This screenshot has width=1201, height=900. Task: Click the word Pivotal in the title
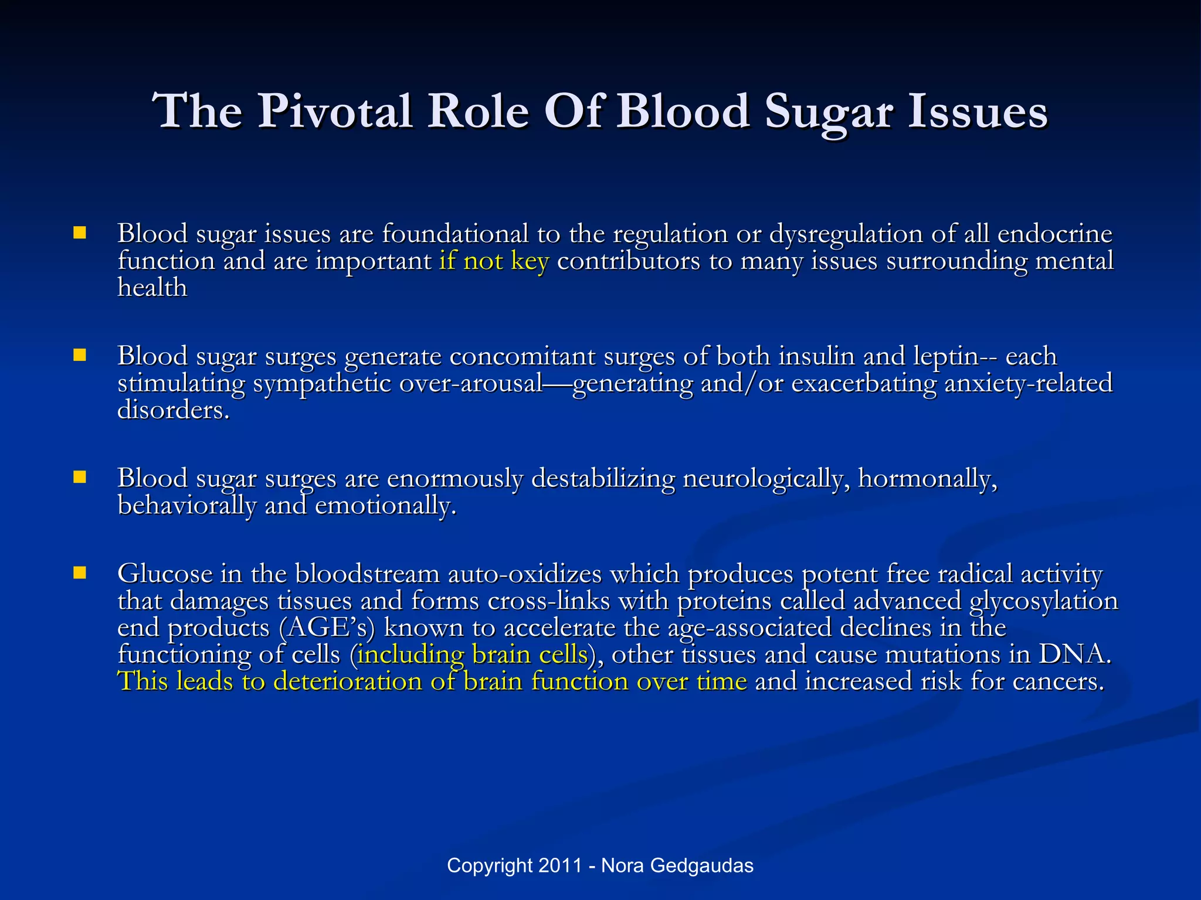[x=334, y=111]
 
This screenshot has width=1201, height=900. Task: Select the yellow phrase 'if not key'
[x=494, y=261]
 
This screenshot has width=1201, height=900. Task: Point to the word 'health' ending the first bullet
[x=152, y=288]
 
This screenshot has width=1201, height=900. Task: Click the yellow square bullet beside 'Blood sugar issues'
[x=80, y=233]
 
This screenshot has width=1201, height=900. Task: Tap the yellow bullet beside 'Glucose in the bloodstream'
[x=80, y=572]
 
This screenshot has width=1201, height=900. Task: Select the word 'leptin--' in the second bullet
[x=955, y=356]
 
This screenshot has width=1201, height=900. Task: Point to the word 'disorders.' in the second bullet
[x=173, y=410]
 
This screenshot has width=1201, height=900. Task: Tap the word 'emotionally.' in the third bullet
[x=385, y=506]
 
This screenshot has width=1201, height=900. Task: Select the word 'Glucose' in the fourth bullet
[x=165, y=574]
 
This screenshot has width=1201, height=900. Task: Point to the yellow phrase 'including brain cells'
[x=472, y=654]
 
